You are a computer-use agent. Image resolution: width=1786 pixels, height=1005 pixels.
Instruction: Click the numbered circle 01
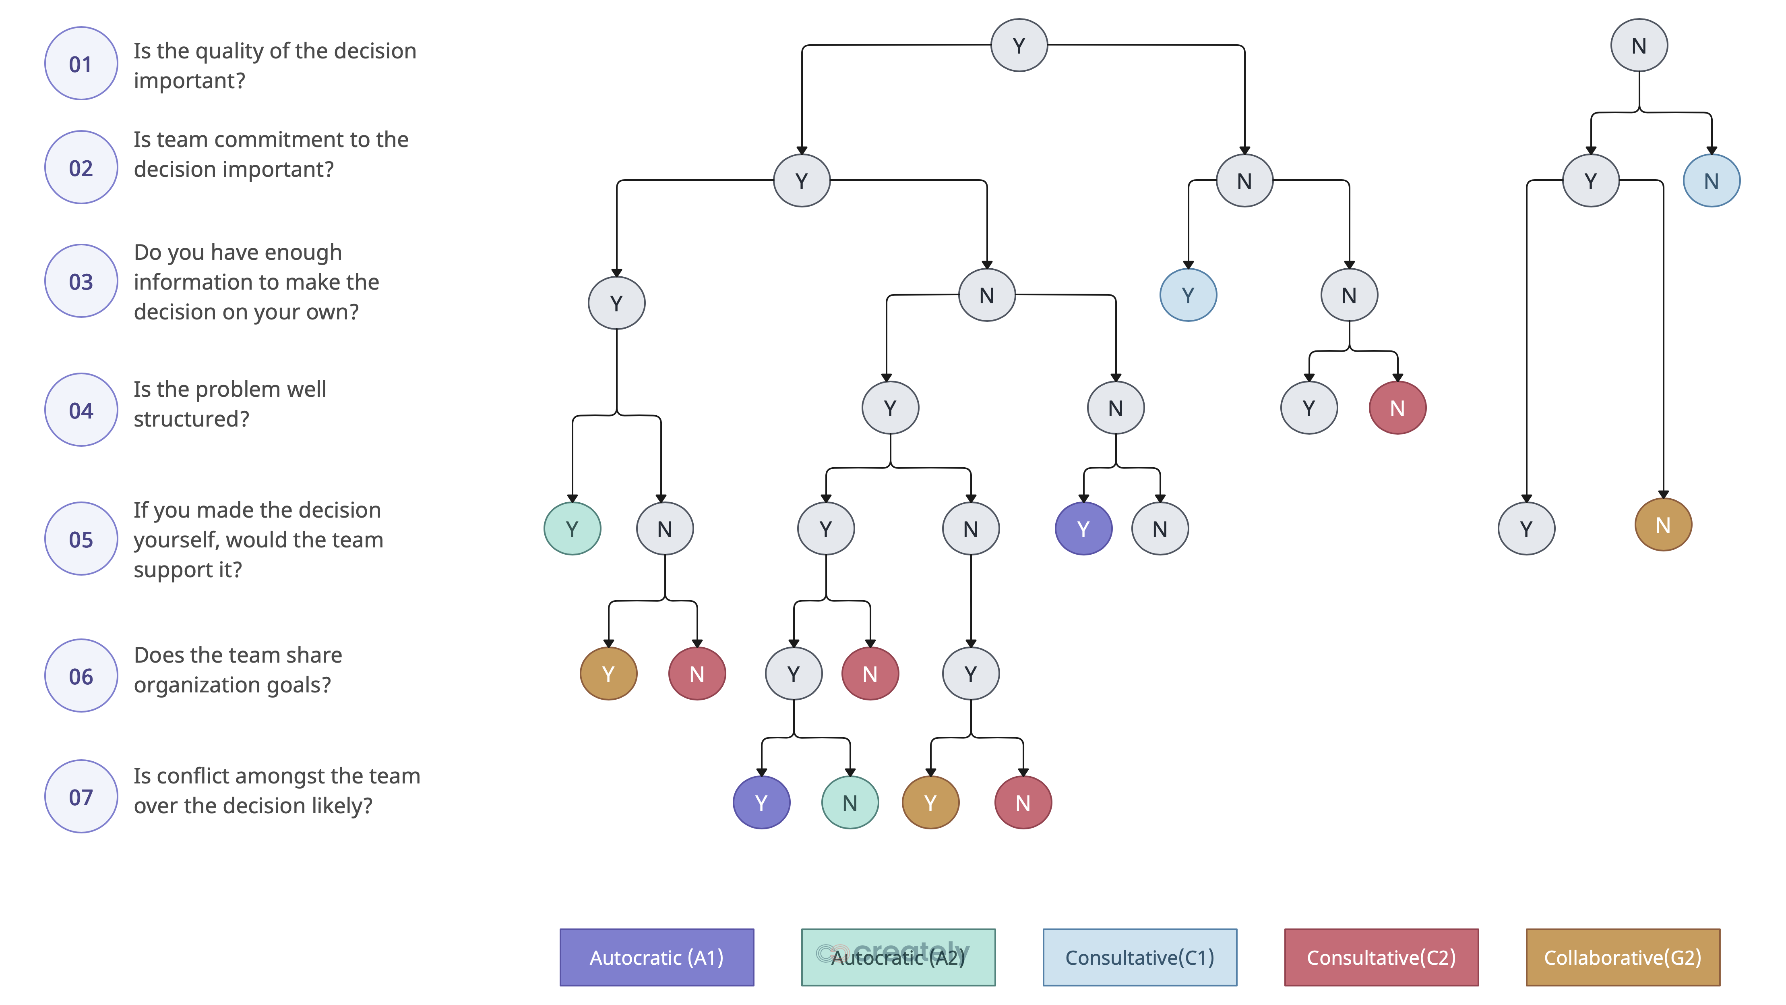[81, 64]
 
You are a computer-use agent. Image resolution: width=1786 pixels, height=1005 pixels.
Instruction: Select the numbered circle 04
[81, 410]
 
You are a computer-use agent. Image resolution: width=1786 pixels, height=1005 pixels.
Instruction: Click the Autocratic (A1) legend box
[656, 958]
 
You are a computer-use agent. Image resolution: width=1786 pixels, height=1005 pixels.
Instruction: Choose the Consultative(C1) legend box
[1139, 958]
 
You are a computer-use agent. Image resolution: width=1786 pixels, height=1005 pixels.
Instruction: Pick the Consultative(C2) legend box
[1381, 958]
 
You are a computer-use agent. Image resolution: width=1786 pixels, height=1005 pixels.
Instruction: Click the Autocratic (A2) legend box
[898, 958]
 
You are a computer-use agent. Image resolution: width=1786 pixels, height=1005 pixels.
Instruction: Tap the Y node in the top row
[1019, 46]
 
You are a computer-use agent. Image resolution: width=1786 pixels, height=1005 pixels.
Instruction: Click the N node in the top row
[1638, 46]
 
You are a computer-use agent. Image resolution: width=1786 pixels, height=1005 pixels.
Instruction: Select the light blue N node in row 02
[1710, 181]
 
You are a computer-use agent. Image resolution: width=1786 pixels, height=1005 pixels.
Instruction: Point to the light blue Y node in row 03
[1188, 296]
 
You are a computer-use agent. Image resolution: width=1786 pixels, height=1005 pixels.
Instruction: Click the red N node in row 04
[1396, 408]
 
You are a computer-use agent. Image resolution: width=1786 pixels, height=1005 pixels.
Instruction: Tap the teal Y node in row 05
[572, 529]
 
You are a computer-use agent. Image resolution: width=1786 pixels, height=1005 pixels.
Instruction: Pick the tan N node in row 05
[1662, 526]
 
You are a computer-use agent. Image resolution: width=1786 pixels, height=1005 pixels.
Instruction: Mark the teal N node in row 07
[850, 802]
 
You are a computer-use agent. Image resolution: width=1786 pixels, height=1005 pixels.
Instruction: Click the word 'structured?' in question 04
[191, 419]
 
